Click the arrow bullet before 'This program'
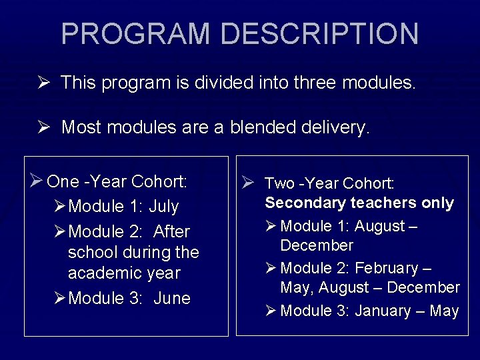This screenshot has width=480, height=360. pyautogui.click(x=43, y=83)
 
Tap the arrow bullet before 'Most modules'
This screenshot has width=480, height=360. pyautogui.click(x=43, y=127)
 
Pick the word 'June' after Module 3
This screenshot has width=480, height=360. pyautogui.click(x=172, y=299)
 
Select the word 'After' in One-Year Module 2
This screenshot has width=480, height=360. pyautogui.click(x=171, y=232)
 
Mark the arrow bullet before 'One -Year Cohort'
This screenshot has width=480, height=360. pyautogui.click(x=37, y=181)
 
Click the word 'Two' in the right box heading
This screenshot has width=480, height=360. pyautogui.click(x=279, y=183)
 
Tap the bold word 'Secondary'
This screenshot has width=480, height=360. pyautogui.click(x=305, y=203)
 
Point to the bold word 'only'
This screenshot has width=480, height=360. pyautogui.click(x=437, y=203)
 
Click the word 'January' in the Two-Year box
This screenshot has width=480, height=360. pyautogui.click(x=383, y=311)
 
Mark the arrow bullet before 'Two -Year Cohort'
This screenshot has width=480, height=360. pyautogui.click(x=247, y=183)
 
